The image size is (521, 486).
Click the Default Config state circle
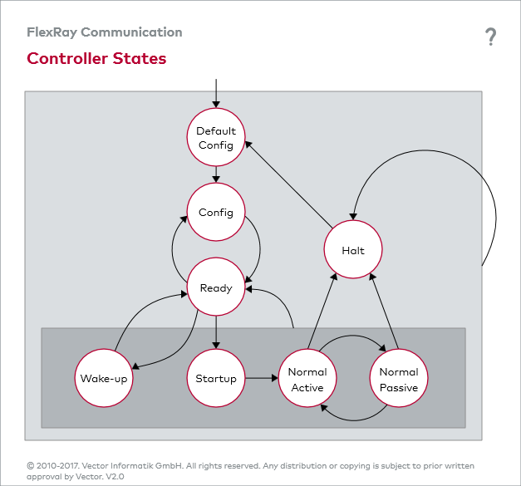216,137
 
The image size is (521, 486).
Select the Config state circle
216,212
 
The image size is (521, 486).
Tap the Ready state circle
216,287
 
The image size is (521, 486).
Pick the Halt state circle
353,249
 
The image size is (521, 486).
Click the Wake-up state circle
104,378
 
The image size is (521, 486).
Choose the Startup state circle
216,378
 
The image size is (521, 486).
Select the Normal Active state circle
307,378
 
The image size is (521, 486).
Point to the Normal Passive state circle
399,378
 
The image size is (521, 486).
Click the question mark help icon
490,37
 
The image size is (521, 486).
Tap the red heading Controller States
96,58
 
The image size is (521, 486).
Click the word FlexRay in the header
52,32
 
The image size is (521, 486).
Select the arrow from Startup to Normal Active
262,378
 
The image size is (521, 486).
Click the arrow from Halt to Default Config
288,184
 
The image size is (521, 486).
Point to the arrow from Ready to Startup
216,332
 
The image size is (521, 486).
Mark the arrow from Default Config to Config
216,174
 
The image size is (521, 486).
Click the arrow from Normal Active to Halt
322,312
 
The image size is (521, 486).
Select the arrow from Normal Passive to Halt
384,312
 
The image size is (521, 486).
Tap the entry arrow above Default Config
216,93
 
